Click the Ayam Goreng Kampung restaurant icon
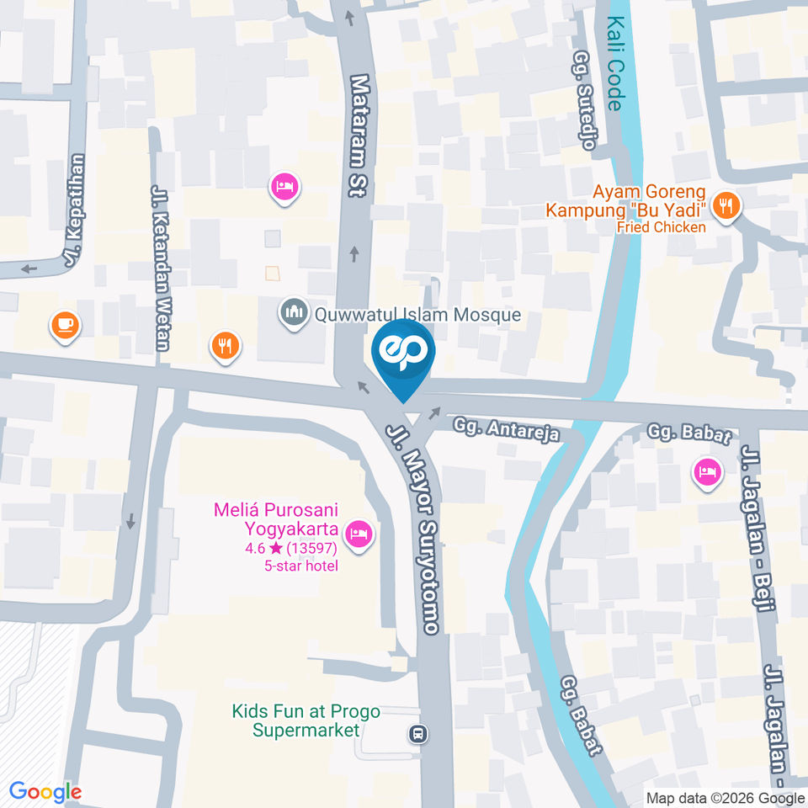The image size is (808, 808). click(x=725, y=205)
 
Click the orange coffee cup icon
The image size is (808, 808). click(x=65, y=325)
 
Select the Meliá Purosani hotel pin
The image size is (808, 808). click(x=359, y=533)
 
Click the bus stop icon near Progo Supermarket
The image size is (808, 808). click(x=417, y=734)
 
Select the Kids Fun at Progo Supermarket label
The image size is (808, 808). click(x=306, y=720)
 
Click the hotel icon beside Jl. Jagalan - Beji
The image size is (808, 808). click(x=706, y=471)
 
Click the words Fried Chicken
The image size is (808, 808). click(x=661, y=226)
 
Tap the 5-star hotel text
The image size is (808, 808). click(x=300, y=566)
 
